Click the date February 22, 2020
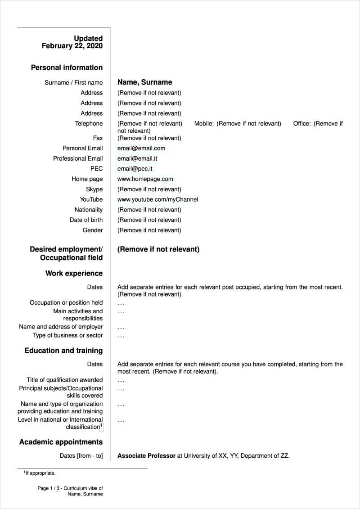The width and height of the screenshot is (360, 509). [72, 46]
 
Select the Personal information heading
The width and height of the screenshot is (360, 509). [67, 68]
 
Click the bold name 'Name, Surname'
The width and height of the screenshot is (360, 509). [144, 82]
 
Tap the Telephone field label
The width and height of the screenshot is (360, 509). [89, 123]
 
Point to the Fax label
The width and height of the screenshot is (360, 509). [98, 138]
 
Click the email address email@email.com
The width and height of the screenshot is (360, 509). [141, 148]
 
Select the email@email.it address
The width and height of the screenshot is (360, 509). [137, 158]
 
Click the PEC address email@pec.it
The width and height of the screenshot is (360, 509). [135, 169]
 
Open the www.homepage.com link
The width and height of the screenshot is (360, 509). [145, 179]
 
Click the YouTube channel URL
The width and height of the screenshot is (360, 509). [157, 199]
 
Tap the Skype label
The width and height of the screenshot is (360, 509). [94, 189]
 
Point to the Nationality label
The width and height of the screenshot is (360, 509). [88, 210]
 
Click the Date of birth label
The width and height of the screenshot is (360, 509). [86, 220]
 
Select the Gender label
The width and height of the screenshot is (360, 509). [92, 230]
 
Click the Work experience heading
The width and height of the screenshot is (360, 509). [74, 274]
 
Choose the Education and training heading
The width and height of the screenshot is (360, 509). [63, 351]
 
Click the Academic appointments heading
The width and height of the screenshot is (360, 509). [61, 442]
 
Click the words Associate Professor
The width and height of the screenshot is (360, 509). [146, 456]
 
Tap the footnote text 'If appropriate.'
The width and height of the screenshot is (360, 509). [40, 473]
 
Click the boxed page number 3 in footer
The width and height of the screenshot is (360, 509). [58, 488]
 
